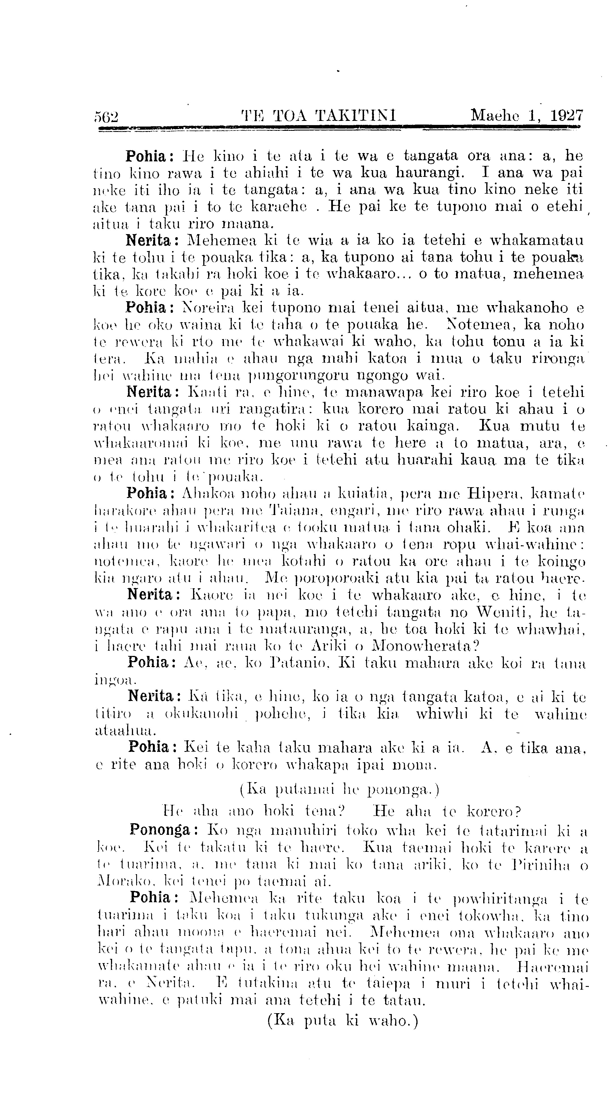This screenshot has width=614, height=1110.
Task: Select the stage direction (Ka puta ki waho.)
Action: point(343,1020)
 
